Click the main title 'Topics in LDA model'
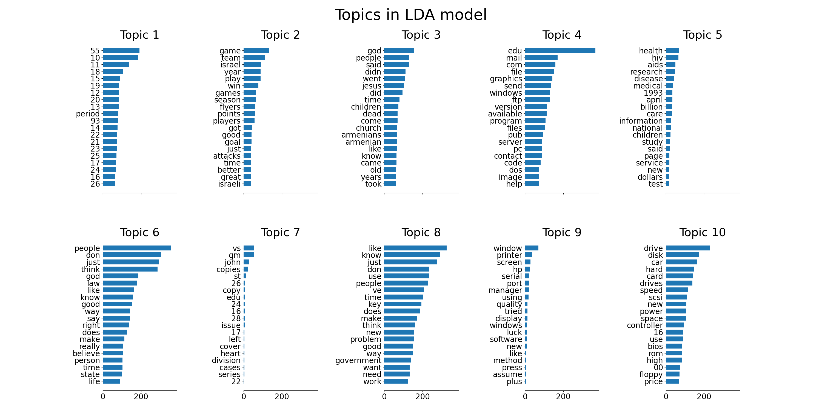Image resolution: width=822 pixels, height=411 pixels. pyautogui.click(x=411, y=15)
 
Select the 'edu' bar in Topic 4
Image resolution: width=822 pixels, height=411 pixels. pyautogui.click(x=560, y=50)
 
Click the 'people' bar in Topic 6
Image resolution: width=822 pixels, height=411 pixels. pyautogui.click(x=137, y=248)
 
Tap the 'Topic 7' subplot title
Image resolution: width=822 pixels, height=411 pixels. pyautogui.click(x=280, y=232)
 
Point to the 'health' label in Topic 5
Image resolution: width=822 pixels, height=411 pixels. pyautogui.click(x=651, y=51)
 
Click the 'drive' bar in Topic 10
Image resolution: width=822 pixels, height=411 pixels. pyautogui.click(x=688, y=248)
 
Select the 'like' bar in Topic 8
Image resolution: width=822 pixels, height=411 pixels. pyautogui.click(x=415, y=248)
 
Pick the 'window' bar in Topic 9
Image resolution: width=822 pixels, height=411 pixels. pyautogui.click(x=532, y=248)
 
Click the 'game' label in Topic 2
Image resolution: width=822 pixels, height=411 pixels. pyautogui.click(x=230, y=51)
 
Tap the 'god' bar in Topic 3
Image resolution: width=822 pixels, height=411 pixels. pyautogui.click(x=399, y=50)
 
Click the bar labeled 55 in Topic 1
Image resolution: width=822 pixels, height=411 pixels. pyautogui.click(x=121, y=50)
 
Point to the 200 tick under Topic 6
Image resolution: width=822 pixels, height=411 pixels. pyautogui.click(x=141, y=397)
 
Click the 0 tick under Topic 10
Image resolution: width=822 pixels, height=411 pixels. pyautogui.click(x=666, y=397)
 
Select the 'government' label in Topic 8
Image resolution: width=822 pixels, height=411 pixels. pyautogui.click(x=358, y=360)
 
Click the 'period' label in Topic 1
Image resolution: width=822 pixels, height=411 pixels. pyautogui.click(x=88, y=114)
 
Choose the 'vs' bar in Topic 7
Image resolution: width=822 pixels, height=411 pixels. pyautogui.click(x=249, y=248)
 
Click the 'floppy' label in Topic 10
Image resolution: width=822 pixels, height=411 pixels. pyautogui.click(x=651, y=374)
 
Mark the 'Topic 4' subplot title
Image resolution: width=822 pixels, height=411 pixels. pyautogui.click(x=562, y=35)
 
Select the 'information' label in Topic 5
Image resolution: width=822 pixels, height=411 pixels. pyautogui.click(x=641, y=121)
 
